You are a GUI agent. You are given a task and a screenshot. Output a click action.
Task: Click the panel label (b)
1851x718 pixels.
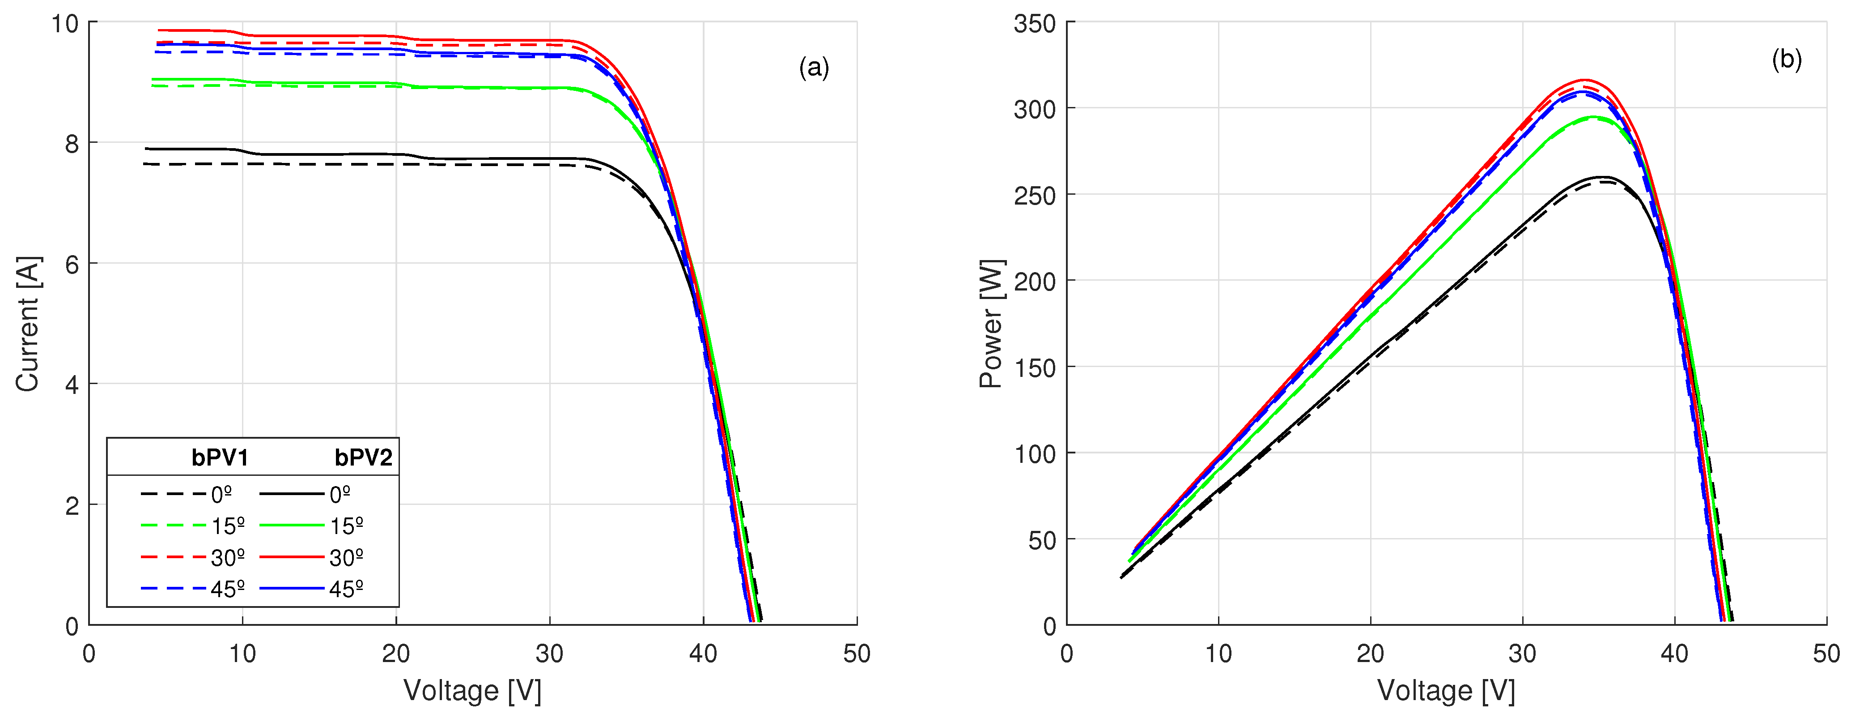[1786, 59]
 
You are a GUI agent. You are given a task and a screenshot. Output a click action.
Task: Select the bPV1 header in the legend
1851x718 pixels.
[220, 458]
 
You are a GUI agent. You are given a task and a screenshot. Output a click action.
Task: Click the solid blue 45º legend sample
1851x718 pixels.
[291, 589]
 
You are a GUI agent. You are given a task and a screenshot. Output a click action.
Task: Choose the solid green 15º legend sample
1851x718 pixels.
[291, 526]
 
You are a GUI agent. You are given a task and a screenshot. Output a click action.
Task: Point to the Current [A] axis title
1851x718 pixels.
[27, 324]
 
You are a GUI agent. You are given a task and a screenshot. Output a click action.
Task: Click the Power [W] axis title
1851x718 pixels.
[992, 324]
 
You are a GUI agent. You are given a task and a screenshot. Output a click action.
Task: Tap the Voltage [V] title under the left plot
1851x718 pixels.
[472, 691]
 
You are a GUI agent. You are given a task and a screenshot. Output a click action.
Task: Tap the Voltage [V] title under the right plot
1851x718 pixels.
[1446, 691]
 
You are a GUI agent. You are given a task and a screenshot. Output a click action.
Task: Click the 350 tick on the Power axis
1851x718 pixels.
[1034, 24]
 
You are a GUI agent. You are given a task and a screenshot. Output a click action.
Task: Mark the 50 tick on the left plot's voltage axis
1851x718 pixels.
[857, 653]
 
